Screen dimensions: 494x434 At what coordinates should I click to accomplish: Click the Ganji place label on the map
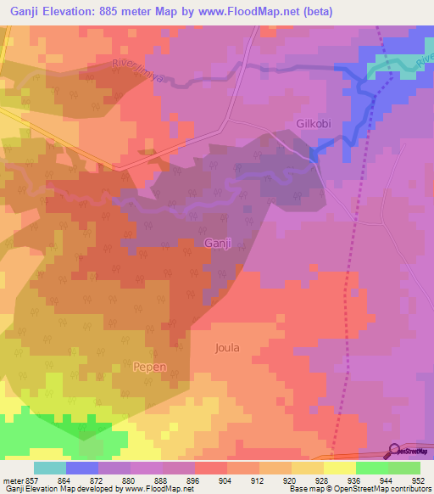[x=218, y=244]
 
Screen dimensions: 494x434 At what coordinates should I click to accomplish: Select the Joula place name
[x=228, y=348]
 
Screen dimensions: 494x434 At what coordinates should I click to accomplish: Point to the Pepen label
[x=150, y=367]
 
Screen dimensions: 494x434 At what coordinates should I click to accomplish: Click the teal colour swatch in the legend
[x=49, y=468]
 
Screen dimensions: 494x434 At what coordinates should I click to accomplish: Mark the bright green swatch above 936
[x=371, y=468]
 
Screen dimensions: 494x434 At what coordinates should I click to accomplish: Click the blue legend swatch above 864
[x=82, y=468]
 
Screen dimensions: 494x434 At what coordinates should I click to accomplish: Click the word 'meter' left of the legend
[x=14, y=480]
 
